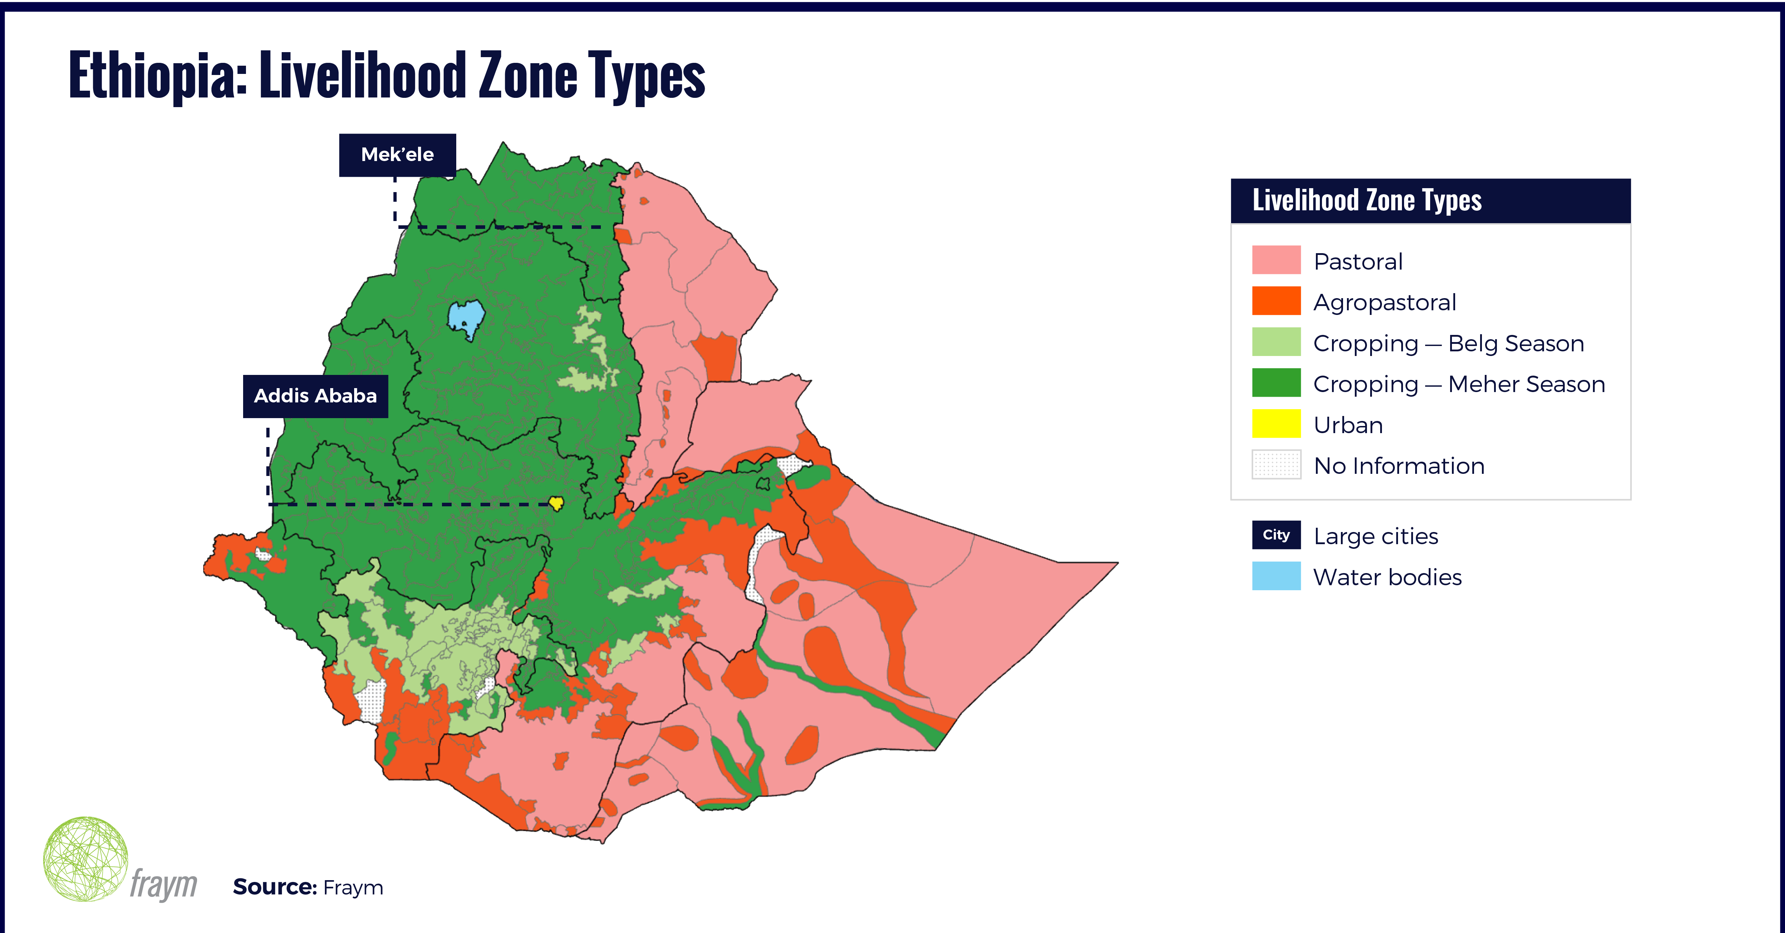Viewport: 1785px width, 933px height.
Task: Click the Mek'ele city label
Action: (x=397, y=155)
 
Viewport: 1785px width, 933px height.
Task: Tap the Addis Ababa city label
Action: (x=315, y=396)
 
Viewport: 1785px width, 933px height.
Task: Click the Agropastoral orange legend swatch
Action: (x=1276, y=301)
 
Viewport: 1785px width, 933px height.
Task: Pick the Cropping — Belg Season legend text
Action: (x=1448, y=343)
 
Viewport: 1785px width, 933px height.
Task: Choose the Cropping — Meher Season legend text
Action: (x=1459, y=384)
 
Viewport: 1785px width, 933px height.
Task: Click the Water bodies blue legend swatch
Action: (x=1276, y=576)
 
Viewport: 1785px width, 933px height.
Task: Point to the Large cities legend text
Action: (x=1376, y=536)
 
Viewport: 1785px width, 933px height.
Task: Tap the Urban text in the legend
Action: (x=1348, y=425)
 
